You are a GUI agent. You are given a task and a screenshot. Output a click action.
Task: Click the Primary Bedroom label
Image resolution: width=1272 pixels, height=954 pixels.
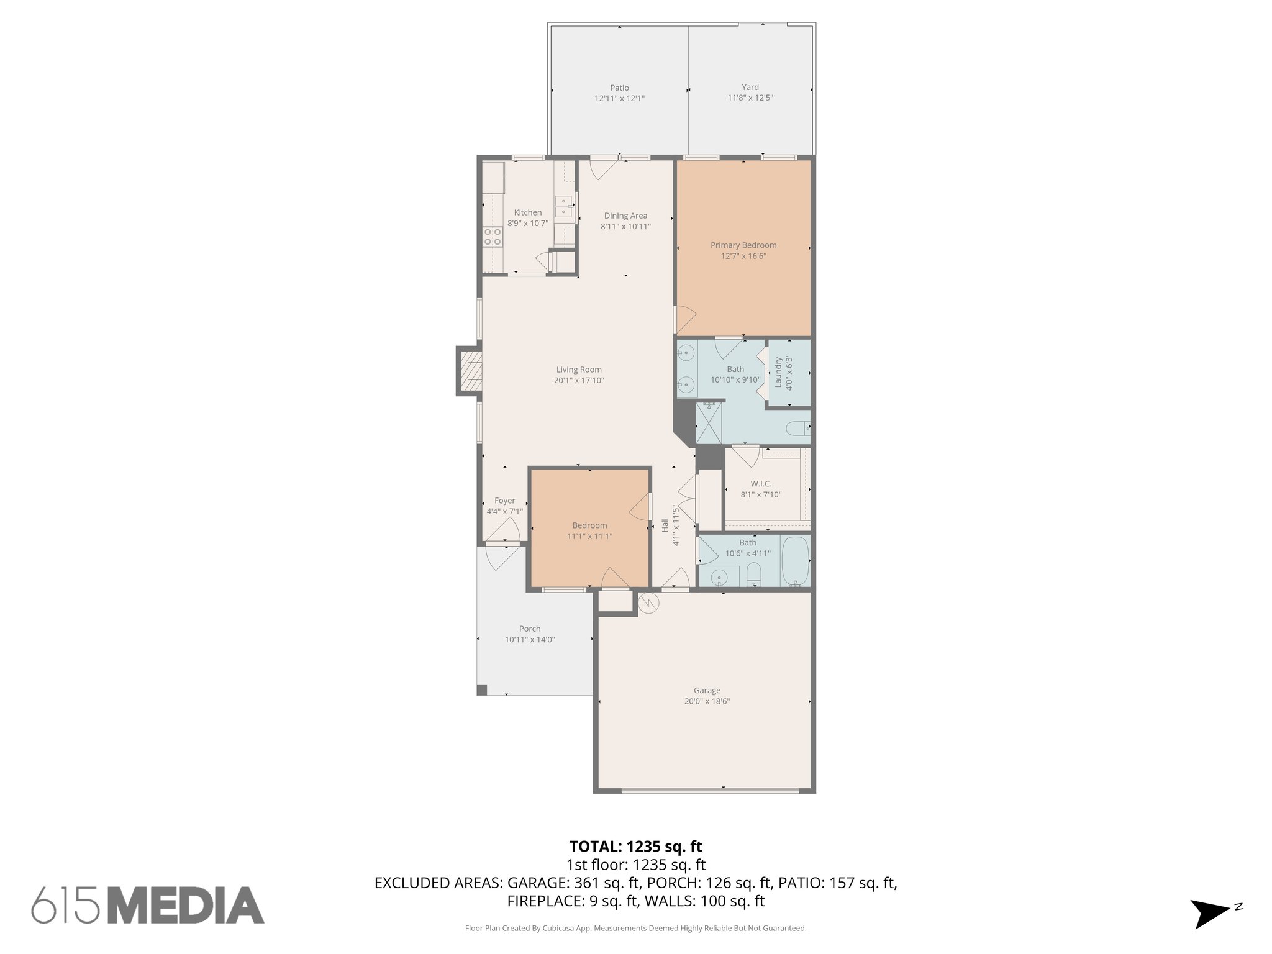pos(743,245)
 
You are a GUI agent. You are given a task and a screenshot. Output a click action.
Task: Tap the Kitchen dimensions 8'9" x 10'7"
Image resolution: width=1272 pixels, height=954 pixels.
pos(527,224)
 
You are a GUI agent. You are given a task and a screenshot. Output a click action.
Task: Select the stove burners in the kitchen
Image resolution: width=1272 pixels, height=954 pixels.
pos(493,237)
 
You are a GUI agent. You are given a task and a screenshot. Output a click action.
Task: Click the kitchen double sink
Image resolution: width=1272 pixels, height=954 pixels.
pos(564,207)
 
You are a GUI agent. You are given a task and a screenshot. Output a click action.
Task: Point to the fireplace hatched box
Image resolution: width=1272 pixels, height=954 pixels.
pos(473,372)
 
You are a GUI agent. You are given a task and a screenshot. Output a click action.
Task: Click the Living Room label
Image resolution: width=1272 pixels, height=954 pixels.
pos(579,370)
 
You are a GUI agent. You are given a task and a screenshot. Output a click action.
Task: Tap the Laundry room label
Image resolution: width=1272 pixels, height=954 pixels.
pos(778,372)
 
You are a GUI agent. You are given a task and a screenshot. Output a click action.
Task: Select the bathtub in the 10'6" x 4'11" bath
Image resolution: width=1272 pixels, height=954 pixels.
pos(795,561)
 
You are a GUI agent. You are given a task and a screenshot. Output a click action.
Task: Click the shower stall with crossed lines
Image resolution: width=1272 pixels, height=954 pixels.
pos(709,423)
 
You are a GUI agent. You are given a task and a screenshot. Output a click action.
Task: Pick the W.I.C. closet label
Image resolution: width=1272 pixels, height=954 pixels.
pos(761,484)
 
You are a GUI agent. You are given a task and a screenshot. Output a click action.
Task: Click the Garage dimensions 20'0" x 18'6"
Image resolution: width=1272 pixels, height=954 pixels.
pos(707,701)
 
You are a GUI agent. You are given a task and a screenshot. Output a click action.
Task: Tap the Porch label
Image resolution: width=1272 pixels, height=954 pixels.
pos(530,629)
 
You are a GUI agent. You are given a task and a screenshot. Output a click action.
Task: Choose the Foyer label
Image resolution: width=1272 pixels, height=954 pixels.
pos(504,501)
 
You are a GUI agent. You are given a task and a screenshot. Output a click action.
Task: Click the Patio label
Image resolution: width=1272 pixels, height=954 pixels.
pos(619,88)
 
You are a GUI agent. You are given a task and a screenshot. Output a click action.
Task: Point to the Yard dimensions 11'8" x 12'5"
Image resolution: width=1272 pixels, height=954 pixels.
pos(750,98)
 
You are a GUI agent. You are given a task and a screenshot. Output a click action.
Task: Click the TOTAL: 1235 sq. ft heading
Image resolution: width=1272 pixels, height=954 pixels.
pos(635,847)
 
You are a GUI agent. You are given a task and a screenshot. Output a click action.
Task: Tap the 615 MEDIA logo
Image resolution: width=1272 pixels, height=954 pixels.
pos(148,906)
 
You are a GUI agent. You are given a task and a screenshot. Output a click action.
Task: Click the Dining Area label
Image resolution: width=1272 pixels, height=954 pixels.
pos(625,216)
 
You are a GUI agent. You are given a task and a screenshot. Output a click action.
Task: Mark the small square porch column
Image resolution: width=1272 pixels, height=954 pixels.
pos(482,690)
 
